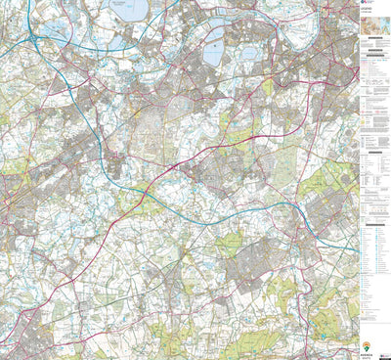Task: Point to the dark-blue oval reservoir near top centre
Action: tap(212, 55)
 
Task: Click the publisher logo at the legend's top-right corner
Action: tap(385, 5)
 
